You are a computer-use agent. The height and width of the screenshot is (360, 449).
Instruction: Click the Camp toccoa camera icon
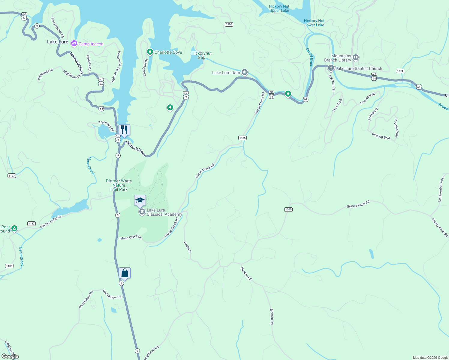click(x=74, y=44)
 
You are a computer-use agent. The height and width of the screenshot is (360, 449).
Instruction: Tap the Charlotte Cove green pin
click(x=150, y=52)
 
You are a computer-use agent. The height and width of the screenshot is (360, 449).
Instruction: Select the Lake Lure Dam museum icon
click(x=245, y=72)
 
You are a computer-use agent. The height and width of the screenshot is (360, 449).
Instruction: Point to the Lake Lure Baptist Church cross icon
click(x=331, y=68)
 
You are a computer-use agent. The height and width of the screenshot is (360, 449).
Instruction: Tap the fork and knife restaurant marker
click(x=124, y=130)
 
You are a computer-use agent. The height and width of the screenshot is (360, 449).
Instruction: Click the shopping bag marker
click(x=125, y=273)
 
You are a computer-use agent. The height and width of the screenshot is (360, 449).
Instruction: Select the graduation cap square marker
click(x=140, y=200)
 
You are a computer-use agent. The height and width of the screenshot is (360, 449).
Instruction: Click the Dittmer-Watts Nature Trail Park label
click(x=119, y=185)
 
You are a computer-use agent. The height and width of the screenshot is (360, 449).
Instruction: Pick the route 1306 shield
click(x=229, y=24)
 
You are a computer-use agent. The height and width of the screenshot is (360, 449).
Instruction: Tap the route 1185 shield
click(x=243, y=138)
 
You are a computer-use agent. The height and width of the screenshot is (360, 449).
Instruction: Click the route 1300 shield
click(x=288, y=209)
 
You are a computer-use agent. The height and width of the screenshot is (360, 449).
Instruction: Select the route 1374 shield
click(x=400, y=71)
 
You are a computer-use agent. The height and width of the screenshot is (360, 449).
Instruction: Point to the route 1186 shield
click(x=9, y=266)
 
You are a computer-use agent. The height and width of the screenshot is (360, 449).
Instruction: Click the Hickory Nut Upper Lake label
click(x=279, y=8)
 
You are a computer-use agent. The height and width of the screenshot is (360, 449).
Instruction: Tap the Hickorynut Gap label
click(x=201, y=55)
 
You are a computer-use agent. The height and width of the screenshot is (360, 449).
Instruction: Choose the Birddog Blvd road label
click(x=381, y=136)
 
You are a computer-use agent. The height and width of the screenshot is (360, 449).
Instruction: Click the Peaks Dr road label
click(x=187, y=247)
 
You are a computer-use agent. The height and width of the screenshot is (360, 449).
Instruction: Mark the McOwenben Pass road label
click(x=441, y=189)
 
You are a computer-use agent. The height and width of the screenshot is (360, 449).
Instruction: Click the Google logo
click(x=10, y=356)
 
